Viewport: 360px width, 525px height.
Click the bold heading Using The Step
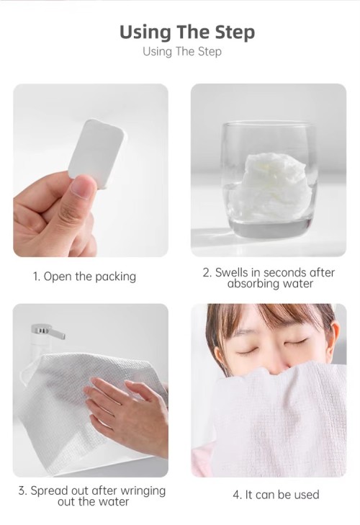tap(186, 32)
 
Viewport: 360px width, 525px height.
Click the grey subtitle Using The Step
tap(182, 52)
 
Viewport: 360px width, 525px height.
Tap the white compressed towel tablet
tap(96, 153)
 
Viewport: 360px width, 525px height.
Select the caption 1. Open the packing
tap(84, 277)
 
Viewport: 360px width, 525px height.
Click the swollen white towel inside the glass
tap(268, 185)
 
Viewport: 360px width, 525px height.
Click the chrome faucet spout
tap(48, 332)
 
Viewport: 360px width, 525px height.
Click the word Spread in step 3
tap(50, 490)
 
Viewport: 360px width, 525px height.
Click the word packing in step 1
tap(116, 277)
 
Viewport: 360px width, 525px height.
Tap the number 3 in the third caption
tap(22, 490)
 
